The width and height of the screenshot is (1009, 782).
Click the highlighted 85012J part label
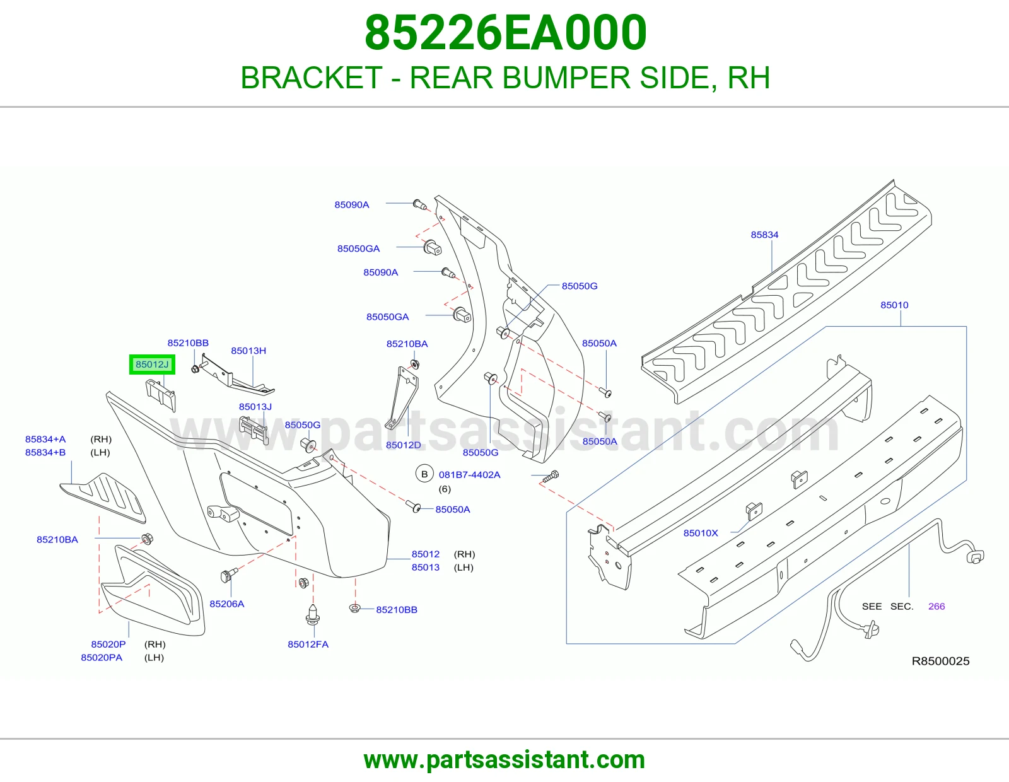152,365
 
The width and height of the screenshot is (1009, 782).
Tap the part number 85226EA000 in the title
505,33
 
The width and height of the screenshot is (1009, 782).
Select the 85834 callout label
764,235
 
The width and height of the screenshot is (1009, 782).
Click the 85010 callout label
894,305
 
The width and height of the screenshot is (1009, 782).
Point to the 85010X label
700,533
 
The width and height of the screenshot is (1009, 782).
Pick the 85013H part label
248,351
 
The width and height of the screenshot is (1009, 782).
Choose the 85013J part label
255,407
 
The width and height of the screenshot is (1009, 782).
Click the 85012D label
403,445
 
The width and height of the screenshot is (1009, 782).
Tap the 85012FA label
308,644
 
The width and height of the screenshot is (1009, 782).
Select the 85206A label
226,604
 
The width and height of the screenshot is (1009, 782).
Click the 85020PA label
102,658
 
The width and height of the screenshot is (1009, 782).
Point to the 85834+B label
45,452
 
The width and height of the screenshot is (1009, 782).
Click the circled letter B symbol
424,474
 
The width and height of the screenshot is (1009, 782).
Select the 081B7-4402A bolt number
469,475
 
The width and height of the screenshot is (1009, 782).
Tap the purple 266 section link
936,606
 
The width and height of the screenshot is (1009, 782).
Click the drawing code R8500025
940,661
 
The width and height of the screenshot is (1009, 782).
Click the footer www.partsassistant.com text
504,760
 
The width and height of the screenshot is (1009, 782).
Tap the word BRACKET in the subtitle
311,78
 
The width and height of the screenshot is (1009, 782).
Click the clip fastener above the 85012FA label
313,614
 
